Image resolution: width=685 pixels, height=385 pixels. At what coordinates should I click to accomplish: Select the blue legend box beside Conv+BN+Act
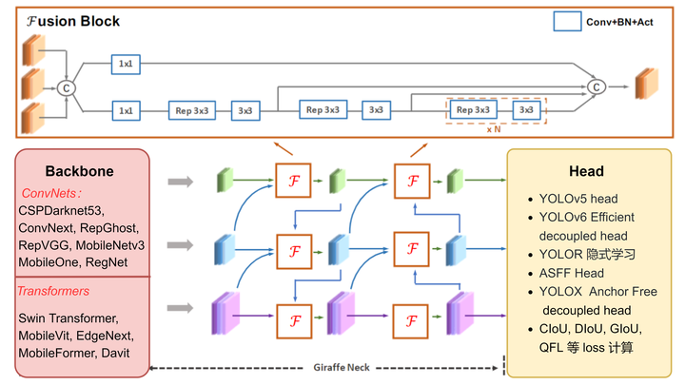(x=567, y=21)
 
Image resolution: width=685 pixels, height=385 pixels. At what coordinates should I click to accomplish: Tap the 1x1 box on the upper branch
(x=125, y=64)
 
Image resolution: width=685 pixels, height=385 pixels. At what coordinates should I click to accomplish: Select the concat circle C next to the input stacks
(x=67, y=87)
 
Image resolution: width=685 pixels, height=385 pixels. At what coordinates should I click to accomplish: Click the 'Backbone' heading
(x=80, y=172)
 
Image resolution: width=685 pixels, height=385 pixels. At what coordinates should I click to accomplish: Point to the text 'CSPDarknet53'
(x=61, y=210)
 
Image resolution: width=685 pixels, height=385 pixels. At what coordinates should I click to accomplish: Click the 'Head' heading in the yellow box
(x=586, y=171)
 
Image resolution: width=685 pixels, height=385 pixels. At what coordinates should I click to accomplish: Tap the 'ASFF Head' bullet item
(x=571, y=273)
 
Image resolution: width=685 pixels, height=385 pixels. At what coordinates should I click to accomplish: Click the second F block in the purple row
(x=411, y=316)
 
